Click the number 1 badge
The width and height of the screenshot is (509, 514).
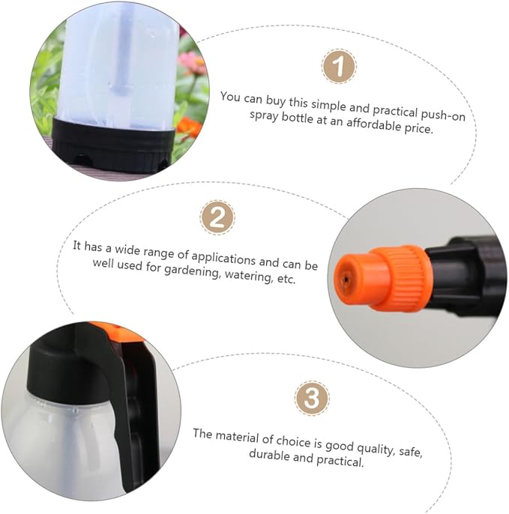339,66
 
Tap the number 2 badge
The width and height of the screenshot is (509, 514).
217,217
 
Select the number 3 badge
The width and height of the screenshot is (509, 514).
312,398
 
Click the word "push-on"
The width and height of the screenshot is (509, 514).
443,115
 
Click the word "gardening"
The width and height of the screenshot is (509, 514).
192,270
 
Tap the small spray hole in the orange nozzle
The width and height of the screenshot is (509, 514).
346,279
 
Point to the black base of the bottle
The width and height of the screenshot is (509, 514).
113,146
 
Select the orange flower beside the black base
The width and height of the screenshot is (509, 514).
189,127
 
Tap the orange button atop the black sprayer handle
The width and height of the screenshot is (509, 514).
118,332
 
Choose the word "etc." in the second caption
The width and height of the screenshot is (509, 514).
286,279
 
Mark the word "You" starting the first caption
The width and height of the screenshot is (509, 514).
230,97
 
